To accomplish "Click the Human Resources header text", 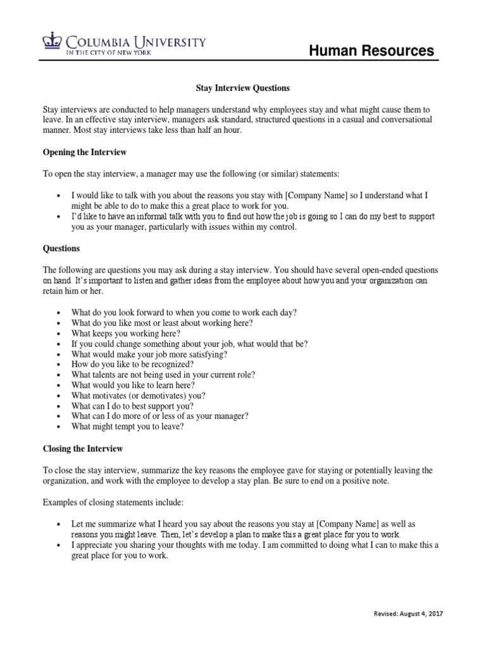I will click(371, 51).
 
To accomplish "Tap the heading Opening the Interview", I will click(85, 153).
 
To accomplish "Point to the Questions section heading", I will click(61, 249).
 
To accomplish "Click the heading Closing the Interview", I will click(83, 449).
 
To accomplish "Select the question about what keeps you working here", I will click(126, 333).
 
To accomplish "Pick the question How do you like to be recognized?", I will click(132, 364).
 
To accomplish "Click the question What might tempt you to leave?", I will click(128, 427).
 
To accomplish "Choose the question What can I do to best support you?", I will click(132, 406).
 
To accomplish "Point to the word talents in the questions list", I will click(103, 375).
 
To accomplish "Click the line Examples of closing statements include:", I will click(113, 502).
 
